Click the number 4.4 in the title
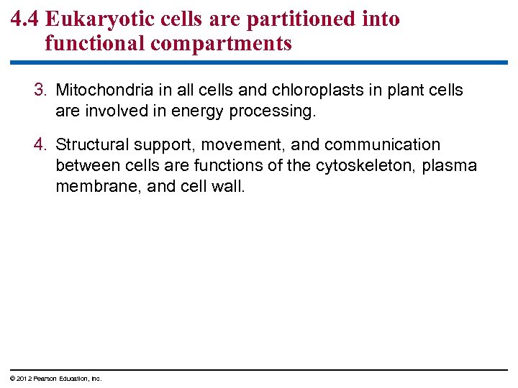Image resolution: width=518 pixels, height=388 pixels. [x=25, y=19]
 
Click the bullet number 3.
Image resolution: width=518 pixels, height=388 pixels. [x=41, y=91]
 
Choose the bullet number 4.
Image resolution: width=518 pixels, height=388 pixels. [x=41, y=145]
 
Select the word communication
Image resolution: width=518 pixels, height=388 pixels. [x=382, y=145]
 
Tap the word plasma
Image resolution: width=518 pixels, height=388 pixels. [x=450, y=165]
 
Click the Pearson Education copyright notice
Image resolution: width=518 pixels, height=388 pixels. [x=56, y=379]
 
